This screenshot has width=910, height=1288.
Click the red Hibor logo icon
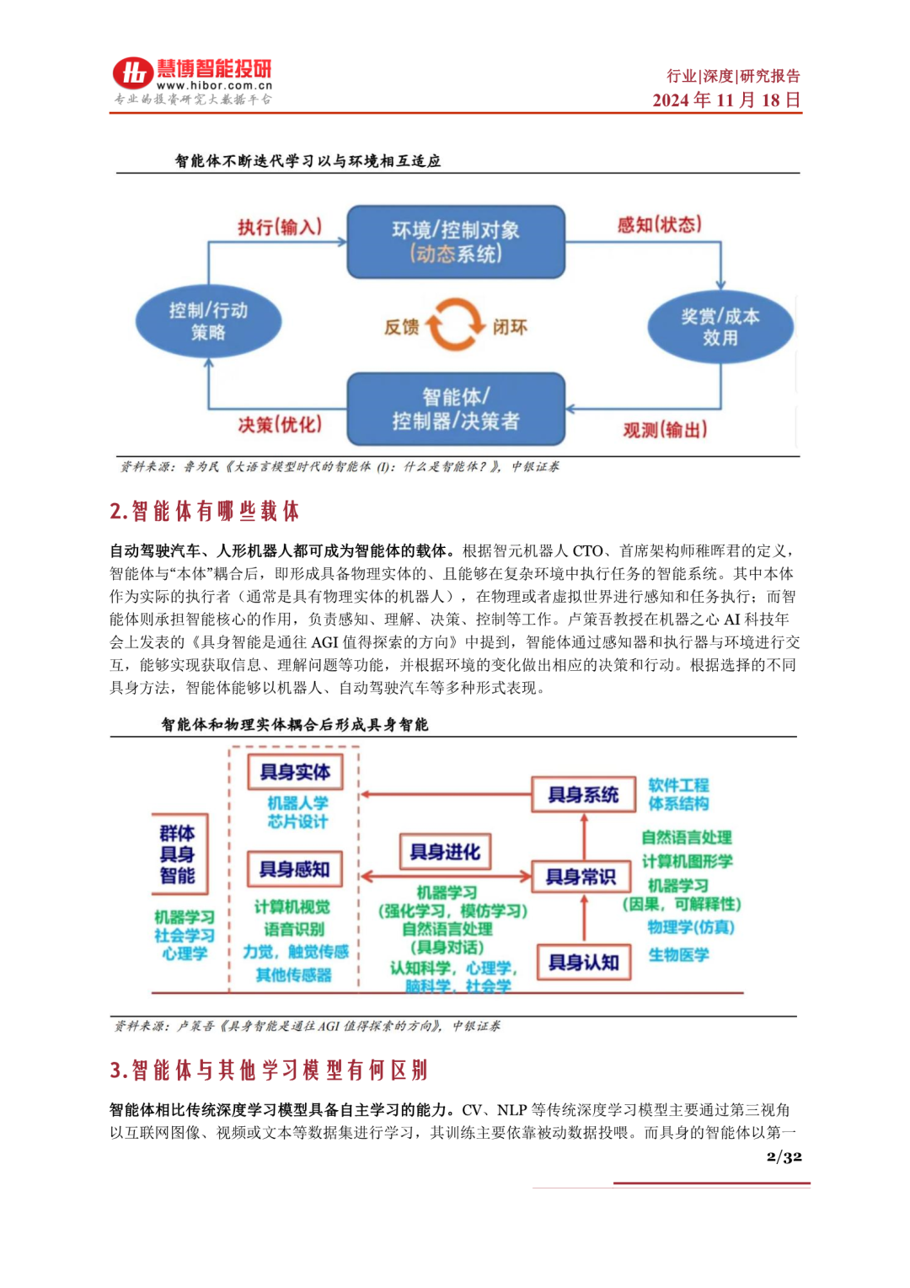click(133, 73)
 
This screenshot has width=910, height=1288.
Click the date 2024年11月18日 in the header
click(726, 100)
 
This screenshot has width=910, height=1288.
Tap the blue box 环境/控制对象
click(456, 242)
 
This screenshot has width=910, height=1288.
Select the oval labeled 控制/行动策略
click(208, 321)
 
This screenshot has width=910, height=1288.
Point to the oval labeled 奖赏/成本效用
click(720, 327)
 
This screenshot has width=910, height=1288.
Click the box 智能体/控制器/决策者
click(456, 409)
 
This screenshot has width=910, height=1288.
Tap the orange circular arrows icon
click(455, 325)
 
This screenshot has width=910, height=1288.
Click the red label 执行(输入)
click(280, 227)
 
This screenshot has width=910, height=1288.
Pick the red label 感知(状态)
click(659, 224)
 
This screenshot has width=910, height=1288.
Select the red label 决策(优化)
click(280, 424)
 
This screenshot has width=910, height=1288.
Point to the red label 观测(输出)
click(665, 430)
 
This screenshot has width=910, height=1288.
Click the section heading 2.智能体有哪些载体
click(205, 511)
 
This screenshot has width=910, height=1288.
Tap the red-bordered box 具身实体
click(295, 772)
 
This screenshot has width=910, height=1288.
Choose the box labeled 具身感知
click(295, 869)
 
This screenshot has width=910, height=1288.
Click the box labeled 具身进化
click(445, 852)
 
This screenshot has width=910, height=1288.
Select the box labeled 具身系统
click(583, 795)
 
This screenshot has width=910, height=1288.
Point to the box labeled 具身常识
click(581, 877)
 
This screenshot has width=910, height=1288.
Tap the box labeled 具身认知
click(584, 963)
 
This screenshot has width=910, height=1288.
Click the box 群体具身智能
click(179, 854)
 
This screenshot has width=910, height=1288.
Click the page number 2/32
click(784, 1157)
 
